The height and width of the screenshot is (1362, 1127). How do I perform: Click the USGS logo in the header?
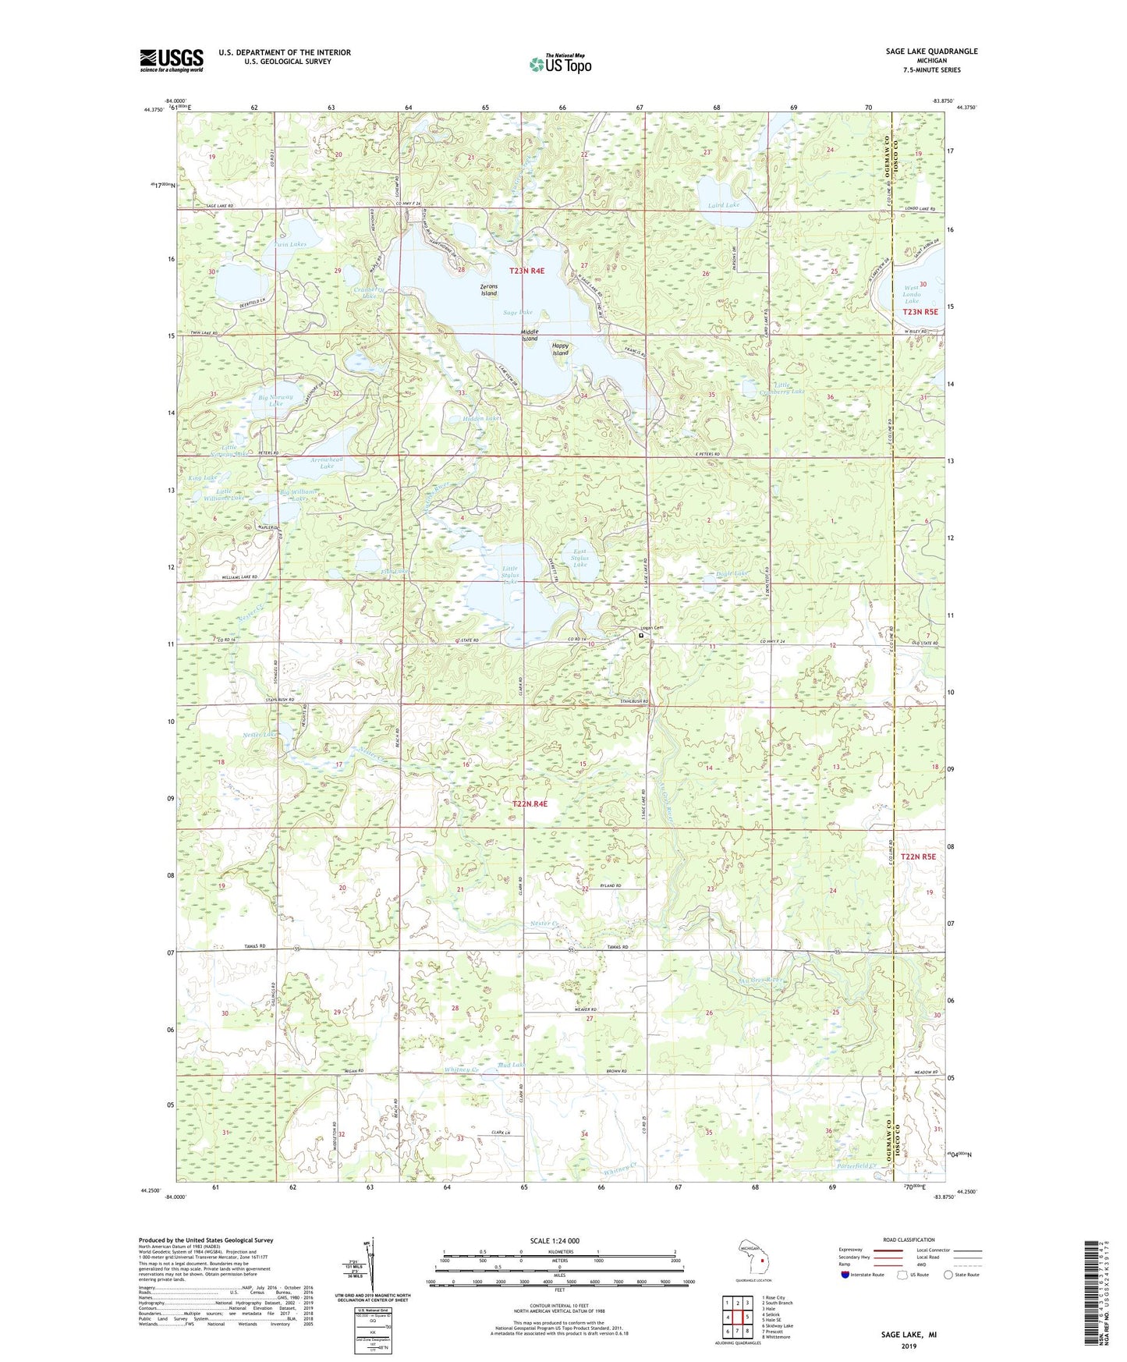pos(172,60)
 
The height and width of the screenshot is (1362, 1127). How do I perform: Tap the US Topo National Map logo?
pos(560,63)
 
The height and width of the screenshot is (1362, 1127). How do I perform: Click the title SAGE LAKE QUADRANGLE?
pos(931,51)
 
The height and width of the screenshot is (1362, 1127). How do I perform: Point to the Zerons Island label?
pos(489,290)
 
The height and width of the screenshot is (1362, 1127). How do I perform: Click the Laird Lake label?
pos(724,205)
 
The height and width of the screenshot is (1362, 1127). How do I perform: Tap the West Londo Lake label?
pos(912,294)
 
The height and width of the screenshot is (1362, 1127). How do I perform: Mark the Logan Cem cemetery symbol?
pos(642,636)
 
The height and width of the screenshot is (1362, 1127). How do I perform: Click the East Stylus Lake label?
pos(579,558)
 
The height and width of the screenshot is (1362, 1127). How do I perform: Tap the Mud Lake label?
pos(511,1065)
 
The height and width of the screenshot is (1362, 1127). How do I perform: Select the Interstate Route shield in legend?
pos(847,1275)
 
